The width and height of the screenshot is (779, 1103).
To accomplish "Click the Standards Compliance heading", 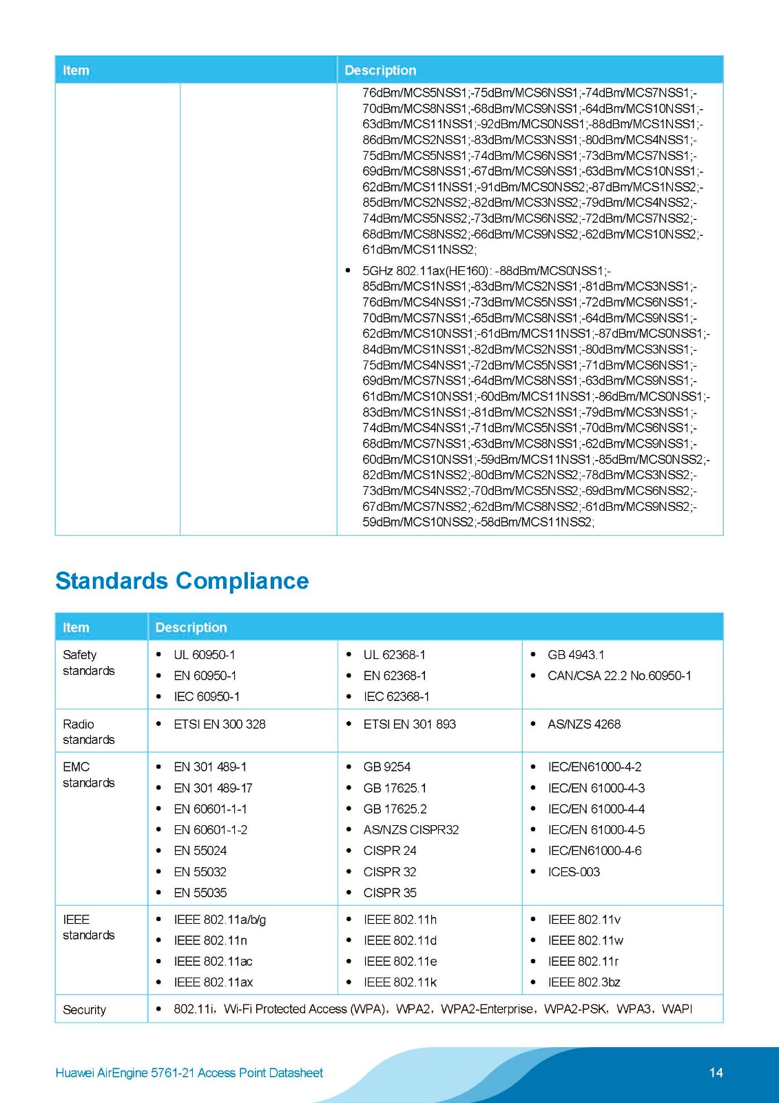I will pos(182,580).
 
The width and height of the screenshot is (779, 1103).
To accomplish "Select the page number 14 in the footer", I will pos(716,1072).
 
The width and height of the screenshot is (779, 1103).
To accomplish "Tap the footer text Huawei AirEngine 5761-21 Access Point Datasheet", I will pos(189,1073).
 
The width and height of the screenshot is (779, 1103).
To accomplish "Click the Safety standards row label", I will pos(88,662).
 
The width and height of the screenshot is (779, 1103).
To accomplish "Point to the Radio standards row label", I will pos(88,731).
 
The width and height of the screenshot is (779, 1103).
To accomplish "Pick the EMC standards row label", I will pos(88,774).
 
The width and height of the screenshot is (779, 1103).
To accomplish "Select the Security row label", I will pos(84,1009).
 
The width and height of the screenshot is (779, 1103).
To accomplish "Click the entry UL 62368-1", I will pos(394,654).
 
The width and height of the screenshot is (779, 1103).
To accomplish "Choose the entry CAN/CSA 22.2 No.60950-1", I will pos(619,676).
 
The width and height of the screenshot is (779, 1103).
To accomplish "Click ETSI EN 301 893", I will pos(409,724).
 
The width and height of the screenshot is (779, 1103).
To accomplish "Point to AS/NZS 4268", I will pos(583,724).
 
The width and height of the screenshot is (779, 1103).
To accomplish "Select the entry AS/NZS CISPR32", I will pos(411,829).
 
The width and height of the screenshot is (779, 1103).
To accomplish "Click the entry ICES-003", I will pos(573,871).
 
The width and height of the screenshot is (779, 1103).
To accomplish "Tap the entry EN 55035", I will pos(200,892).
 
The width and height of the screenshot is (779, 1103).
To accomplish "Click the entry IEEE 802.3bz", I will pos(583,982).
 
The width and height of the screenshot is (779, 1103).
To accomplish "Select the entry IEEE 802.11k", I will pos(399,982).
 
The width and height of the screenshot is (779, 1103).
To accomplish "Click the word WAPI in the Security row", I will pos(676,1009).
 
